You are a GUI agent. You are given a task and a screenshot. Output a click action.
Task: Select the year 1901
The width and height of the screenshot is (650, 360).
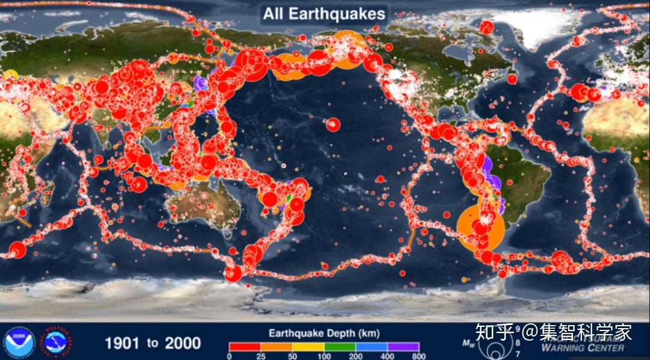point(123,343)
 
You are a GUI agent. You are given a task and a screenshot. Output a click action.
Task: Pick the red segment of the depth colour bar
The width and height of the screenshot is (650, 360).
point(244,347)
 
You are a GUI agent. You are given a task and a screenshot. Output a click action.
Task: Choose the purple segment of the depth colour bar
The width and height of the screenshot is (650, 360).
point(403,347)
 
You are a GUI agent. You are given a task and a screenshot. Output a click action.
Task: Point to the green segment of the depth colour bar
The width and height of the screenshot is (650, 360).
point(340,347)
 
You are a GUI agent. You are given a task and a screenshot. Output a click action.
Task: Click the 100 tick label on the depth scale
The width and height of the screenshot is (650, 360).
point(324,356)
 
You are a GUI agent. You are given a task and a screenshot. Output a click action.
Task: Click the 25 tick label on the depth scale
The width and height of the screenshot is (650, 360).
point(260,356)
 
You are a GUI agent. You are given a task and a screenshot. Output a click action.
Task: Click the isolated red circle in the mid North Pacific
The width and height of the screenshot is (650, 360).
point(333,125)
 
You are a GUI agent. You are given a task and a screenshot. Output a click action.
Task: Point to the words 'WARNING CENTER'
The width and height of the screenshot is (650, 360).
point(582,347)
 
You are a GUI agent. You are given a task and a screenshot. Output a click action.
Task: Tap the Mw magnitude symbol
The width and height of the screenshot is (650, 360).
point(468,344)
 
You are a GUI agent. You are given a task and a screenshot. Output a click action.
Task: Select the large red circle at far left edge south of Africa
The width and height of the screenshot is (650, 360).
point(16,250)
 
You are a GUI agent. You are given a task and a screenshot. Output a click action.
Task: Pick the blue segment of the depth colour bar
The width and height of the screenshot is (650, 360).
point(371,347)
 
